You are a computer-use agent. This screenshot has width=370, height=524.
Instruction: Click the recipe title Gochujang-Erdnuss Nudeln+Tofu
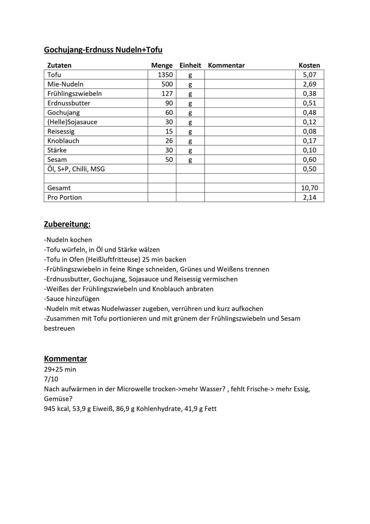[x=103, y=50]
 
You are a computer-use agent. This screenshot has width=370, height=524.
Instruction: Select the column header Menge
[x=162, y=65]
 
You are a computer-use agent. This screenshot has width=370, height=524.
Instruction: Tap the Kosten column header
[x=309, y=65]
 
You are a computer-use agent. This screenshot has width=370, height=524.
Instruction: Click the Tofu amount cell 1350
[x=165, y=75]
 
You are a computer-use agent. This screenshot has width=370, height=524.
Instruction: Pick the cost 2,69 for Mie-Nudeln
[x=309, y=84]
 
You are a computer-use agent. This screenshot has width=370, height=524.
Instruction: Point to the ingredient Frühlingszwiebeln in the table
[x=74, y=94]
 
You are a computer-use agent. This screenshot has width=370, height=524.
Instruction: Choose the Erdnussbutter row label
[x=69, y=103]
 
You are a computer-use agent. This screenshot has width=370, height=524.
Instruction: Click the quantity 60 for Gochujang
[x=169, y=113]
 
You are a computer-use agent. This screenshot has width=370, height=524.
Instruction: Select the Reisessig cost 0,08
[x=309, y=131]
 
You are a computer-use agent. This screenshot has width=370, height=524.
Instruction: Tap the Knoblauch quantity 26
[x=169, y=141]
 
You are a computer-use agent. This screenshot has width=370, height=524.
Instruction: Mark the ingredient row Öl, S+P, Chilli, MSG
[x=76, y=169]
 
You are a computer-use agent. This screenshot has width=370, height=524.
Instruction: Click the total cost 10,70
[x=309, y=188]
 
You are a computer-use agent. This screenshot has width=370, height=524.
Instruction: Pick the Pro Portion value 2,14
[x=309, y=197]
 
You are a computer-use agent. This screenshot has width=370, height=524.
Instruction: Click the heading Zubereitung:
[x=67, y=224]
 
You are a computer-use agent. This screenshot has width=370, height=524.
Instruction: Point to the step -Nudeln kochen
[x=68, y=240]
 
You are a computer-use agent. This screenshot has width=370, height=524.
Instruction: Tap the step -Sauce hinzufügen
[x=72, y=299]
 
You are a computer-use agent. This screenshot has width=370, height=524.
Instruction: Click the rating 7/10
[x=51, y=379]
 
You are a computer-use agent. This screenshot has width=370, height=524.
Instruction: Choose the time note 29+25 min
[x=60, y=369]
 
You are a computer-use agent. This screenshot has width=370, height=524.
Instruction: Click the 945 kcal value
[x=57, y=409]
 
